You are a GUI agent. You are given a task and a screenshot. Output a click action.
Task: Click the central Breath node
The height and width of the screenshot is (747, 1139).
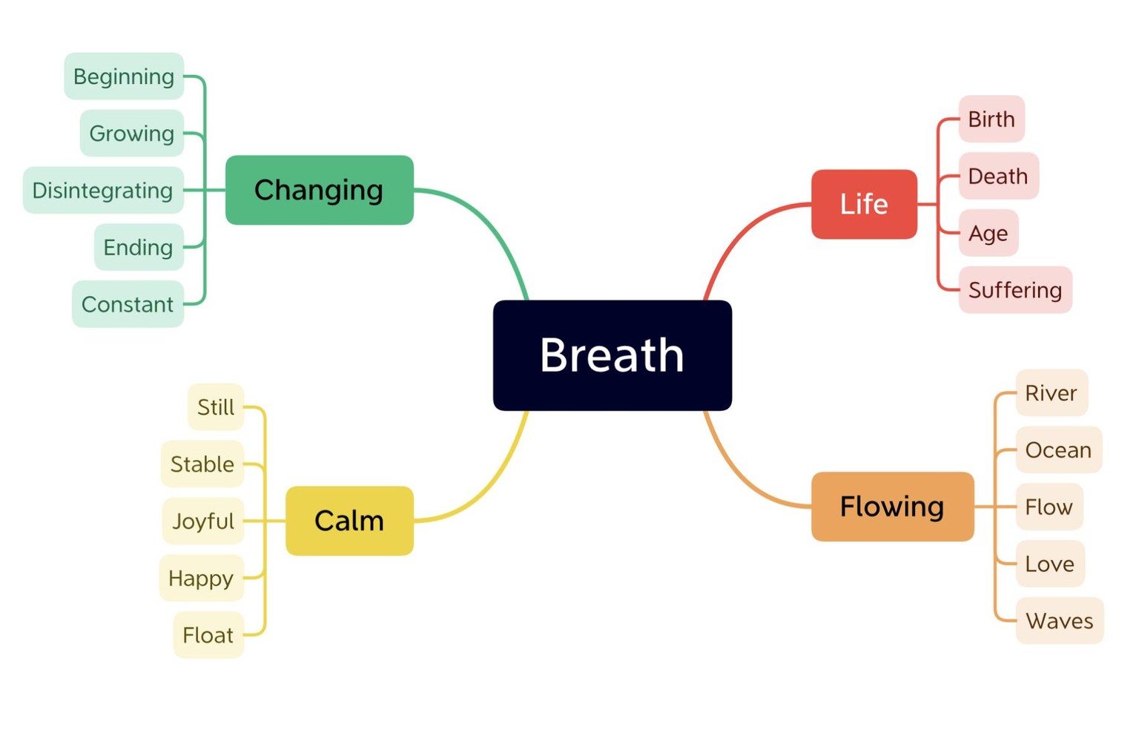tap(613, 355)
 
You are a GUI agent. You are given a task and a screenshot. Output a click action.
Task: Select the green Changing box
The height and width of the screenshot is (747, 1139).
tap(320, 190)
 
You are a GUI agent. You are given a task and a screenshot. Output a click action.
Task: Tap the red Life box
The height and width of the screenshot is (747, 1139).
tap(864, 204)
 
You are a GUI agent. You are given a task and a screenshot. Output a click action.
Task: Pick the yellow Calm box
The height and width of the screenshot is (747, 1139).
tap(349, 521)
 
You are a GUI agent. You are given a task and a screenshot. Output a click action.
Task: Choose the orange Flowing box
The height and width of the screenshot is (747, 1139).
tap(892, 507)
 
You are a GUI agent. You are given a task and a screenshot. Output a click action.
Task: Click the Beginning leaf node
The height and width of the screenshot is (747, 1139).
tap(124, 76)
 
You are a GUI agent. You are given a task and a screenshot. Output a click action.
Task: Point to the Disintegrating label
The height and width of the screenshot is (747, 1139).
tap(103, 190)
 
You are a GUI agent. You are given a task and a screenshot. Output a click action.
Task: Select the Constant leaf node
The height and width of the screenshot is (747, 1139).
tap(128, 304)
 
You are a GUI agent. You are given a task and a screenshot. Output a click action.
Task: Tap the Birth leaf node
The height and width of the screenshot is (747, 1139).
tap(991, 119)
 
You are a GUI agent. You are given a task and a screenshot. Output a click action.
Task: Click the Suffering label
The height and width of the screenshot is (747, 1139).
tap(1015, 290)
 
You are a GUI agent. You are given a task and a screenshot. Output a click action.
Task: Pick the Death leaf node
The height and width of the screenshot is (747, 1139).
tap(998, 176)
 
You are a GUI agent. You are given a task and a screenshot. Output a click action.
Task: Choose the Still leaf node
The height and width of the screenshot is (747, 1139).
tap(216, 407)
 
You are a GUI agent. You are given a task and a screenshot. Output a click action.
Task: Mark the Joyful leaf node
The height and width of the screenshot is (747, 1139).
tap(203, 521)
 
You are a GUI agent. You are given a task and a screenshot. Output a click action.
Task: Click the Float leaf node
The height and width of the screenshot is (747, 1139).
tap(208, 635)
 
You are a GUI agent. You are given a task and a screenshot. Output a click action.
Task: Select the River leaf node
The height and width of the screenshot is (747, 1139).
tap(1051, 393)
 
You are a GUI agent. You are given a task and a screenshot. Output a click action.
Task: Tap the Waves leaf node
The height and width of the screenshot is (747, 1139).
tap(1060, 621)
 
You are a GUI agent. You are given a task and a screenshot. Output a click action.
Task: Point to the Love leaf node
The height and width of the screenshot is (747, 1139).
tap(1050, 564)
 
